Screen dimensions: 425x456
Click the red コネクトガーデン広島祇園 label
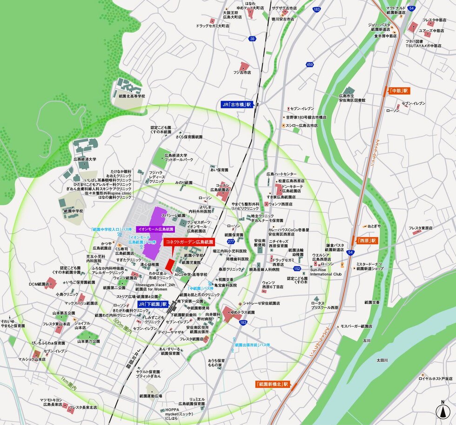pos(188,242)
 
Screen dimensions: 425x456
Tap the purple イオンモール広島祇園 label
pos(155,229)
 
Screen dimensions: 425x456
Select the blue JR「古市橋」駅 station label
pos(236,105)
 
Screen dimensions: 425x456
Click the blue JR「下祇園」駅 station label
pos(152,304)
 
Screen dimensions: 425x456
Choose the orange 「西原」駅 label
pos(367,241)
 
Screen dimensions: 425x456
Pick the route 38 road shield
pos(252,39)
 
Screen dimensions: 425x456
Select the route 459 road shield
pos(309,64)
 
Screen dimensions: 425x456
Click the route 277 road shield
pos(231,241)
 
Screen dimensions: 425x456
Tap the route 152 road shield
pos(297,269)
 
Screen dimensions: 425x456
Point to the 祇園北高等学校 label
pos(128,96)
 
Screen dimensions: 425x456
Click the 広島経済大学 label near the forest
pos(85,159)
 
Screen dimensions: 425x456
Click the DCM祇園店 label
pos(39,284)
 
